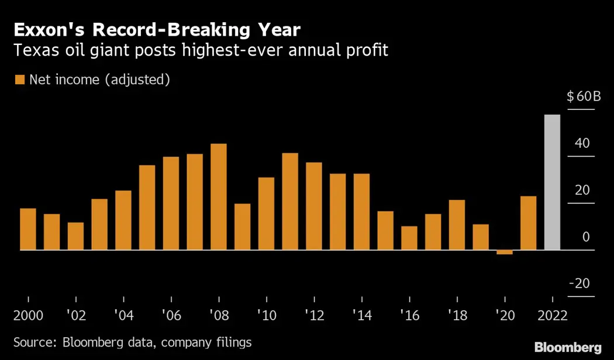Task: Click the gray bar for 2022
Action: pyautogui.click(x=552, y=182)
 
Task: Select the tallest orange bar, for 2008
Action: pyautogui.click(x=218, y=197)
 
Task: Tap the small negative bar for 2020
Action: pyautogui.click(x=505, y=252)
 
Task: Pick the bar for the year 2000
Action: pyautogui.click(x=28, y=229)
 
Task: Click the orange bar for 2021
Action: pyautogui.click(x=529, y=223)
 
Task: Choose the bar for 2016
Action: pyautogui.click(x=409, y=238)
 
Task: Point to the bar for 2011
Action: pyautogui.click(x=290, y=202)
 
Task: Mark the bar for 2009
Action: pyautogui.click(x=242, y=227)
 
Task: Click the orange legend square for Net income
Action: pyautogui.click(x=20, y=80)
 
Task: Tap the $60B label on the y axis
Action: pyautogui.click(x=584, y=96)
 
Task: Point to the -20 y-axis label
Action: pyautogui.click(x=584, y=283)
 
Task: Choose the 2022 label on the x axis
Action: pyautogui.click(x=553, y=316)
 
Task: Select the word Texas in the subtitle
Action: pyautogui.click(x=33, y=51)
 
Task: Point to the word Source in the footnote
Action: pyautogui.click(x=33, y=342)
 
